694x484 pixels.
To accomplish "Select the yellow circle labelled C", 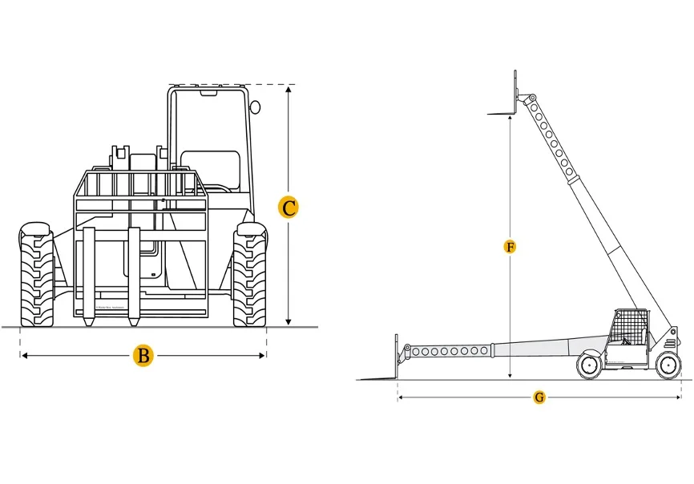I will click(288, 208).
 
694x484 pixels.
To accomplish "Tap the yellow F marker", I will click(510, 246).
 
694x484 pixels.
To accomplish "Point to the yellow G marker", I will click(539, 397).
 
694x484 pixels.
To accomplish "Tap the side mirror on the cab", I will click(256, 107).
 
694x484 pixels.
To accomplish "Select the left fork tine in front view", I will click(89, 276).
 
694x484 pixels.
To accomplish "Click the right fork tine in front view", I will click(134, 276).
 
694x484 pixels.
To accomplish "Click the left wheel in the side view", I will click(589, 366).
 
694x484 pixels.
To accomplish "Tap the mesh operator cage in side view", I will click(628, 329).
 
